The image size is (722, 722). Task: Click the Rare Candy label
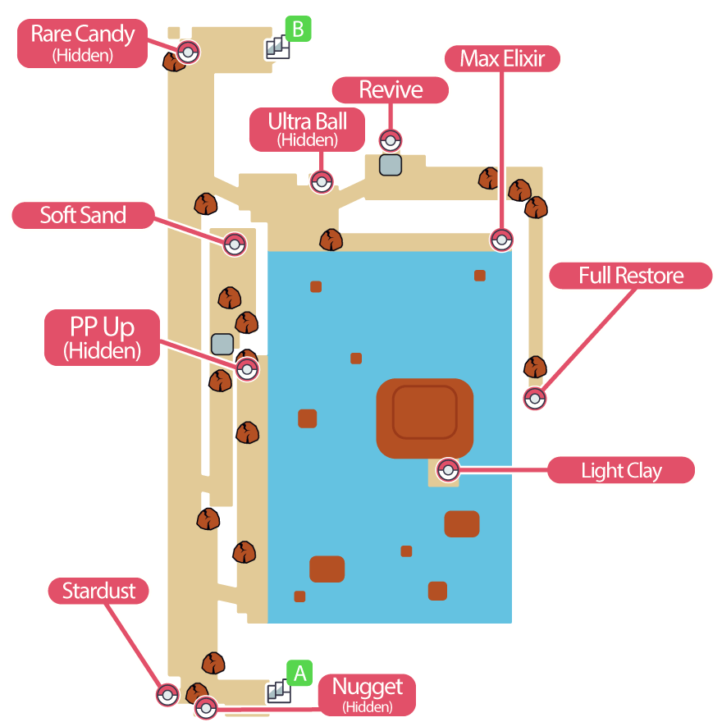pos(82,43)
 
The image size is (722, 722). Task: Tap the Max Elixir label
pos(502,58)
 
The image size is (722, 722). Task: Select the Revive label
pos(391,89)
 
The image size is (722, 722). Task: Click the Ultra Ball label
pos(307,130)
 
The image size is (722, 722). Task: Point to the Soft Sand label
pos(83,216)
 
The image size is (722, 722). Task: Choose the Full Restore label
pos(630,276)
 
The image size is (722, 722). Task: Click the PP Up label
pos(102,336)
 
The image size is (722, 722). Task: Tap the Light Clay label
pos(621,471)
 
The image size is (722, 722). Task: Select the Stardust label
pos(98,591)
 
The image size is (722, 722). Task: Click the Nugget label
pos(367,694)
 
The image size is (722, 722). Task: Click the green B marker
pos(298,30)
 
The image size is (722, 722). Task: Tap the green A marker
pos(300,674)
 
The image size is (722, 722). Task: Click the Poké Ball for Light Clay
pos(448,471)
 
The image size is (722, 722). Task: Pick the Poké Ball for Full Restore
pos(535,400)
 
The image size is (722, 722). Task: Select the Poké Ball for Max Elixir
pos(501,240)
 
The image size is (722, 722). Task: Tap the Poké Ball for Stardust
pos(167,694)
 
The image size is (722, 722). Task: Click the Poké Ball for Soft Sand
pos(235,244)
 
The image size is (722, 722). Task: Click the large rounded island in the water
pos(424,418)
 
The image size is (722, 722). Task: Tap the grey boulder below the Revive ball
pos(390,165)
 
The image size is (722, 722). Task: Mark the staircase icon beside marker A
pos(279,692)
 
